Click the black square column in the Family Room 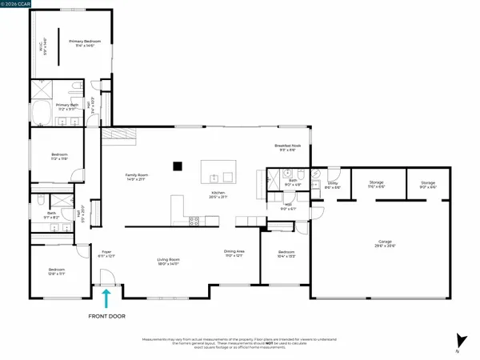pyautogui.click(x=178, y=166)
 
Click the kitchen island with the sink pyautogui.click(x=218, y=170)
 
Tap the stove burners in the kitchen pyautogui.click(x=193, y=222)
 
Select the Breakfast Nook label pyautogui.click(x=287, y=147)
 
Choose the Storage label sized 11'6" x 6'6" pyautogui.click(x=378, y=186)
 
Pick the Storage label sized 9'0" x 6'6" pyautogui.click(x=428, y=186)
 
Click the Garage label pyautogui.click(x=390, y=243)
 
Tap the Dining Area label pyautogui.click(x=234, y=254)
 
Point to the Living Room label pyautogui.click(x=168, y=262)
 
